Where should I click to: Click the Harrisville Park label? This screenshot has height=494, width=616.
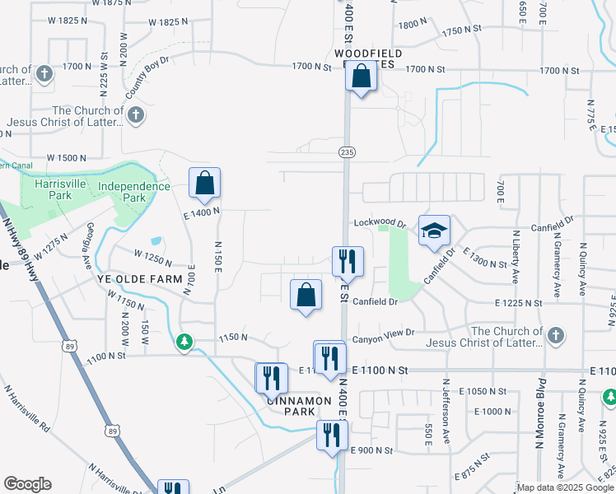pyautogui.click(x=58, y=189)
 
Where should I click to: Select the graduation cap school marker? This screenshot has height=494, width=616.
pyautogui.click(x=434, y=230)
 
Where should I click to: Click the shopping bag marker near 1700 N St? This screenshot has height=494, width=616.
pyautogui.click(x=361, y=77)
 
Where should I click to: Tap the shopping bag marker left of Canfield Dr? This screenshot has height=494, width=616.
pyautogui.click(x=306, y=294)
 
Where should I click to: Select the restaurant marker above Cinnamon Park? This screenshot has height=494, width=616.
pyautogui.click(x=271, y=378)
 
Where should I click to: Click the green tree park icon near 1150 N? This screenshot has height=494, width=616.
pyautogui.click(x=184, y=341)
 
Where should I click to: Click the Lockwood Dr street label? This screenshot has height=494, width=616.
pyautogui.click(x=380, y=223)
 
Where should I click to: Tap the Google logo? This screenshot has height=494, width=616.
pyautogui.click(x=27, y=484)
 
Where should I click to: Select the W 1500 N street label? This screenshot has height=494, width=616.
pyautogui.click(x=66, y=157)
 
